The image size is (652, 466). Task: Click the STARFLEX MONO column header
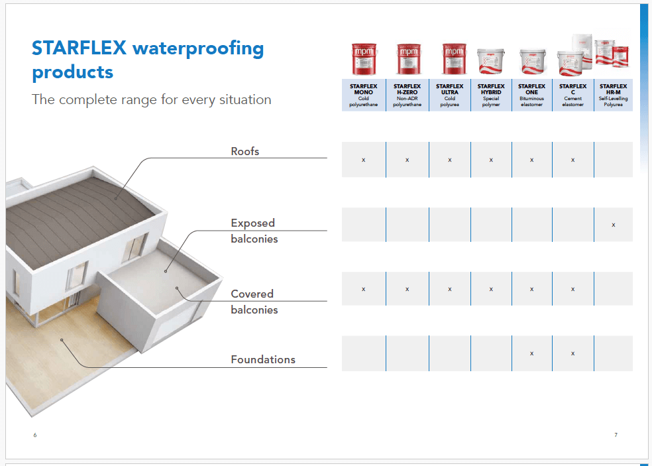click(363, 95)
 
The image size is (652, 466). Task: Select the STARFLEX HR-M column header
click(614, 95)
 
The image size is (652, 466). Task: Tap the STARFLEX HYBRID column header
click(491, 95)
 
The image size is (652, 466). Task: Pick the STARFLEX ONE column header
click(531, 95)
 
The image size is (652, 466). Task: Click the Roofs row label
click(245, 151)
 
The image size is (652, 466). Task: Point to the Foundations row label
click(263, 359)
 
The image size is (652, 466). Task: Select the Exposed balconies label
click(254, 231)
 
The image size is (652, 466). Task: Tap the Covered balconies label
click(254, 302)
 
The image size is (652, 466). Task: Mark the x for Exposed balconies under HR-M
click(614, 225)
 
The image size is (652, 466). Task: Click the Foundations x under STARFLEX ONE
click(531, 354)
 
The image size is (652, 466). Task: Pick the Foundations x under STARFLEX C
click(572, 354)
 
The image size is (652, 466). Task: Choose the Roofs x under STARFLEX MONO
click(363, 160)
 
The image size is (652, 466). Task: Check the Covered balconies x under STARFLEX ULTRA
click(449, 289)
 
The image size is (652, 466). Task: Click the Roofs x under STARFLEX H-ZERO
click(407, 160)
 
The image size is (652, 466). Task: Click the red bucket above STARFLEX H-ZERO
click(408, 59)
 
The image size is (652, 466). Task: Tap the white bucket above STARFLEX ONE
click(532, 61)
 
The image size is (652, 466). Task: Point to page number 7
click(616, 435)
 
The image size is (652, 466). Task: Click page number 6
click(35, 435)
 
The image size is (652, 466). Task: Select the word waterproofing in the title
click(198, 49)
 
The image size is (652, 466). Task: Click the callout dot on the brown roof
click(115, 198)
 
